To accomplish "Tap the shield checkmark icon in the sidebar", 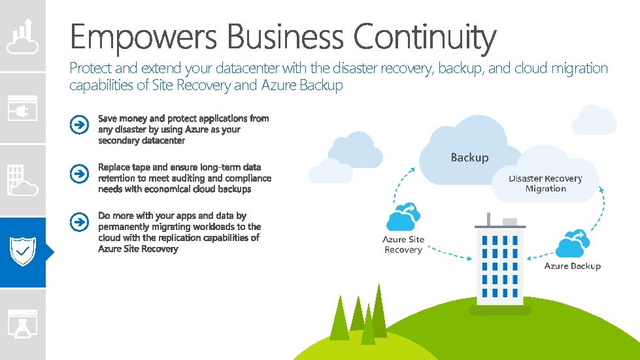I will click(x=23, y=252).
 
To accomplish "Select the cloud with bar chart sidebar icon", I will click(x=23, y=36).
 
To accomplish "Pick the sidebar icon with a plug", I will click(x=23, y=108).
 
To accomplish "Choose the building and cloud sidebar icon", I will click(x=23, y=180).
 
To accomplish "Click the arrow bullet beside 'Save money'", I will click(x=78, y=124).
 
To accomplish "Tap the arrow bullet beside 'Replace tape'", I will click(x=78, y=173).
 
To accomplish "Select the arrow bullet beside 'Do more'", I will click(x=78, y=222).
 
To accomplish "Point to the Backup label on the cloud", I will click(x=469, y=157).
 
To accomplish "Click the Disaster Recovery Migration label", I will click(x=545, y=184).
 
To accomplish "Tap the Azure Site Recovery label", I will click(x=403, y=244).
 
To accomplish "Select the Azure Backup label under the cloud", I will click(x=572, y=266).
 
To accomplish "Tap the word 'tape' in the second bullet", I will click(x=141, y=167).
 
